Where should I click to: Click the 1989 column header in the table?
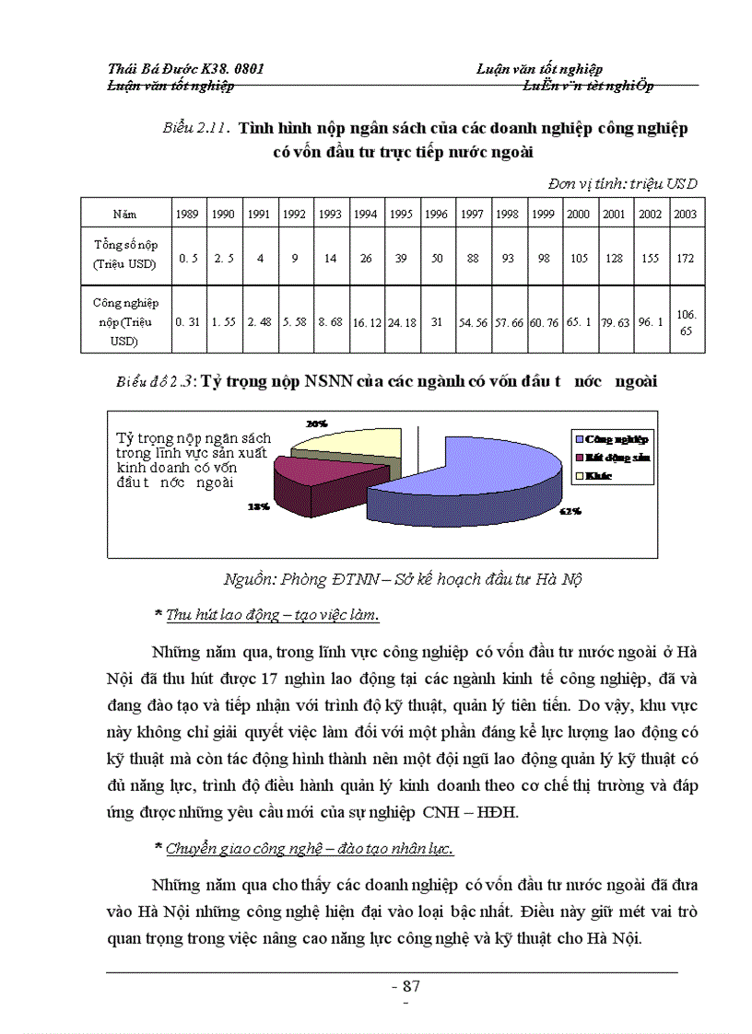(188, 214)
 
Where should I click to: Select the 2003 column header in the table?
(685, 214)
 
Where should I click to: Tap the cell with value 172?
(685, 259)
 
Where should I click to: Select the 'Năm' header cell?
(125, 214)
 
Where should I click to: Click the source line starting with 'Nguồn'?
(404, 579)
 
